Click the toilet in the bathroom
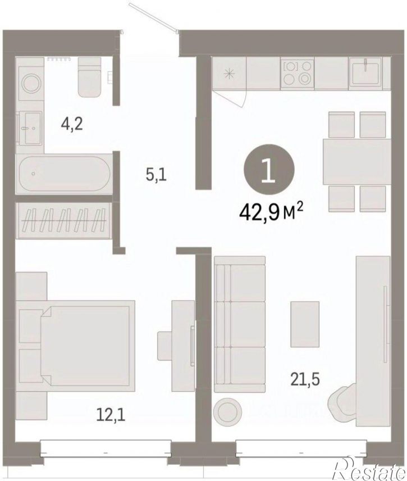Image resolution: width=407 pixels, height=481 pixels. click(x=90, y=76)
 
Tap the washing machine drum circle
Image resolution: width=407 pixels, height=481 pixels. click(x=31, y=83)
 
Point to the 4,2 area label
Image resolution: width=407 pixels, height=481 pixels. click(x=72, y=125)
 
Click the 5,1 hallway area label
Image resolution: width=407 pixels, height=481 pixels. click(x=156, y=175)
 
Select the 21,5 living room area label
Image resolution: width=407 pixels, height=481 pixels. click(x=305, y=379)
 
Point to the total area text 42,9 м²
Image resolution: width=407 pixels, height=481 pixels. click(x=271, y=212)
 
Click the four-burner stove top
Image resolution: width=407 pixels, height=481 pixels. click(x=298, y=74)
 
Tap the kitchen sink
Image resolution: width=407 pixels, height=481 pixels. click(x=365, y=73)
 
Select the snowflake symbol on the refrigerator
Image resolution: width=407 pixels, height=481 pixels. click(x=229, y=74)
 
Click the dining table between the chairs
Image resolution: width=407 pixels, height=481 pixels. click(x=356, y=162)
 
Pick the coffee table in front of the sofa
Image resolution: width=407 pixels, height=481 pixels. click(x=305, y=324)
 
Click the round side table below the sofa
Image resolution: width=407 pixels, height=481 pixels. click(x=228, y=411)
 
